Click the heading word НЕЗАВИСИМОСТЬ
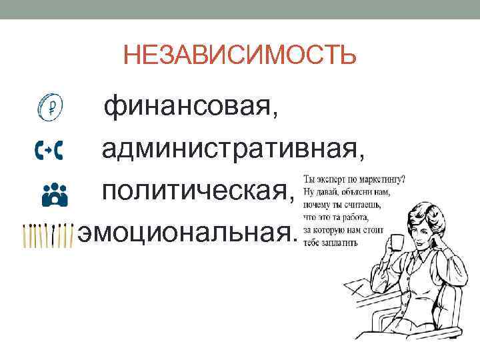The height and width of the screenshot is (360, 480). coord(239,55)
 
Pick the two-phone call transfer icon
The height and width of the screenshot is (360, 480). coord(49,151)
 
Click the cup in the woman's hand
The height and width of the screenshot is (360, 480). coord(398,241)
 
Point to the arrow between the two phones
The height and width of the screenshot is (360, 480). coord(49,151)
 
